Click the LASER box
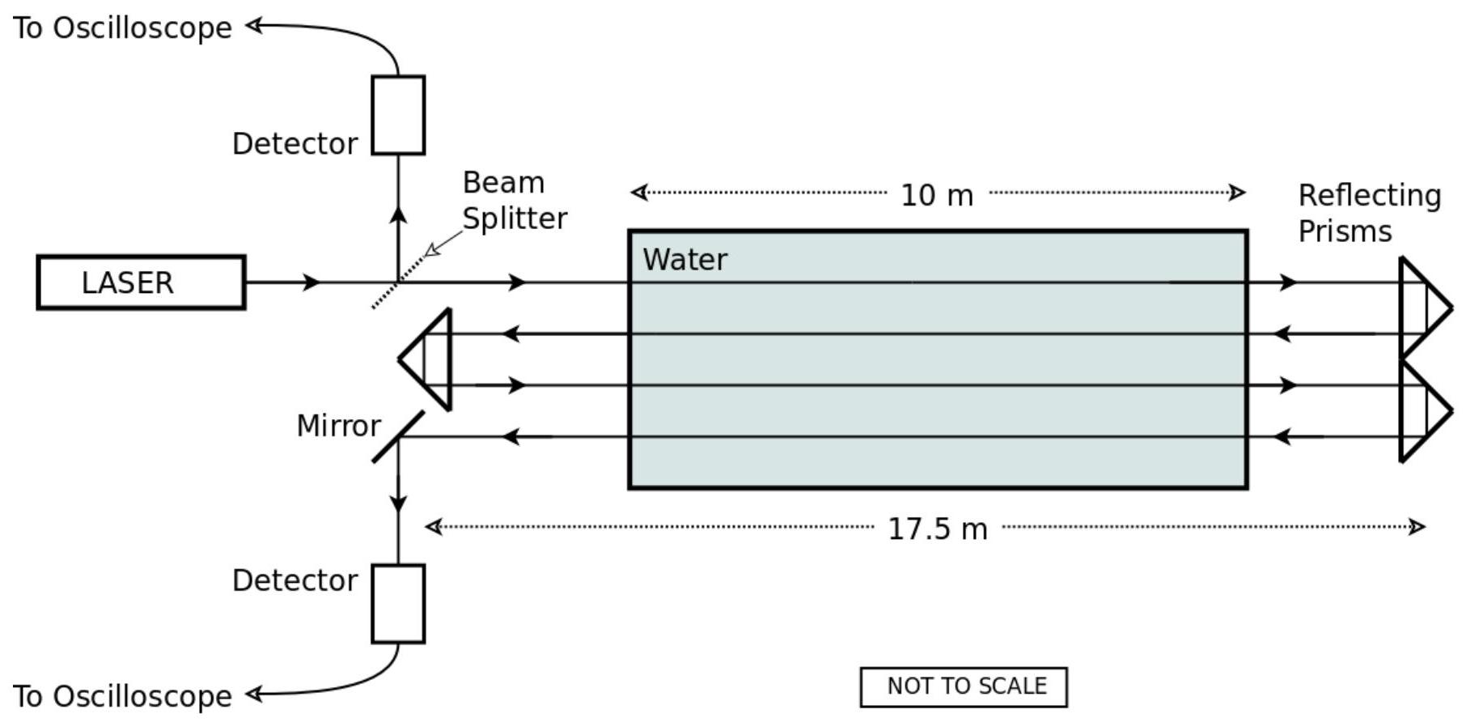[141, 282]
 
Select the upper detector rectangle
[398, 115]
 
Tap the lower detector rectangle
[398, 604]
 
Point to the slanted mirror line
[398, 437]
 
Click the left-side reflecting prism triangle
[426, 359]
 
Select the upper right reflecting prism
[1426, 308]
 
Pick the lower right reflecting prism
[1426, 411]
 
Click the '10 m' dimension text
[937, 195]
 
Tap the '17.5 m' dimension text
[938, 529]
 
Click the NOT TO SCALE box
[964, 687]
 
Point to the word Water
[685, 260]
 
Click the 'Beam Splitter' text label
[515, 201]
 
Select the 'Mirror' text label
[338, 426]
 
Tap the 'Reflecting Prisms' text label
[1370, 213]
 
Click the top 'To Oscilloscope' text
[122, 28]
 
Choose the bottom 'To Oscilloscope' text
[122, 696]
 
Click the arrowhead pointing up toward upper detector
[398, 214]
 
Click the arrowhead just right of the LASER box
[311, 282]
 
